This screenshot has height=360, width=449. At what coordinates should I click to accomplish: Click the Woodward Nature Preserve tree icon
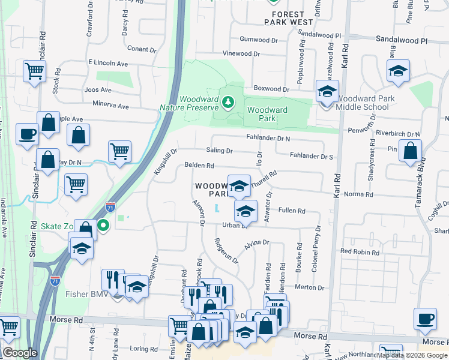[228, 103]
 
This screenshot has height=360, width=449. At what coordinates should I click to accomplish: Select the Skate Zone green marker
[103, 226]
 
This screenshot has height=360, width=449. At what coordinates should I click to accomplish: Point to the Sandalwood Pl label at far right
[401, 40]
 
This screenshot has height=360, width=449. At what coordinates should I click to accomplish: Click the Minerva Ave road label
[108, 106]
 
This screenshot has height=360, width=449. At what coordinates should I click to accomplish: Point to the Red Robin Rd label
[360, 253]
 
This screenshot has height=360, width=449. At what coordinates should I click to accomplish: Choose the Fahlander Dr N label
[268, 138]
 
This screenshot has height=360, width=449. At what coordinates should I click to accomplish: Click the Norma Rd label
[358, 195]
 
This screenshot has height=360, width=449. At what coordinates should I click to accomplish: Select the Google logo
[19, 353]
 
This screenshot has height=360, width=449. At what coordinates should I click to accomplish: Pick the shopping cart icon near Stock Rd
[35, 71]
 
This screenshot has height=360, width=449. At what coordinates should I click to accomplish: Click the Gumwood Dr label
[259, 40]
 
